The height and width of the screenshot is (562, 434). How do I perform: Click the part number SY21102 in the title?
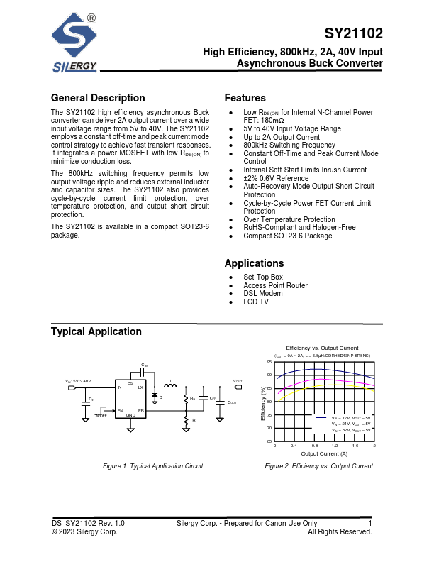tap(353, 33)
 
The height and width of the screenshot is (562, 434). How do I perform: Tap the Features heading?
tap(245, 98)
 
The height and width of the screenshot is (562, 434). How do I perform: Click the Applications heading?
tap(254, 263)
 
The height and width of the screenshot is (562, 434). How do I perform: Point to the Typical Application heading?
tap(96, 331)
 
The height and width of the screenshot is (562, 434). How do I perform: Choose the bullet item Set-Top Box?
tap(263, 277)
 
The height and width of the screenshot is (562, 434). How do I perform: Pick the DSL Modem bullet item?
tap(262, 294)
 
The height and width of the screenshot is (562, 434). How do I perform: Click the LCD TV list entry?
tap(256, 302)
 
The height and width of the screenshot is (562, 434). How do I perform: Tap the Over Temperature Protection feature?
tap(289, 219)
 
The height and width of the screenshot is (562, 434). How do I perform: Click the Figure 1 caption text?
tap(153, 466)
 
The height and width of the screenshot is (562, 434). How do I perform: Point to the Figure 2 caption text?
tap(318, 466)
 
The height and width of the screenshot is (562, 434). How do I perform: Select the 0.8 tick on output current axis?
tap(315, 446)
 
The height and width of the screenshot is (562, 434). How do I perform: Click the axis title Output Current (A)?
tap(324, 453)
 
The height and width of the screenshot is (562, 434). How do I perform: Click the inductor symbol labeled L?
tap(170, 386)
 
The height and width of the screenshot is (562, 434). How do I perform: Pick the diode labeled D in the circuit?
tap(155, 396)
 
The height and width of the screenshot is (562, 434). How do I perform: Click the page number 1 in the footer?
tap(370, 524)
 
